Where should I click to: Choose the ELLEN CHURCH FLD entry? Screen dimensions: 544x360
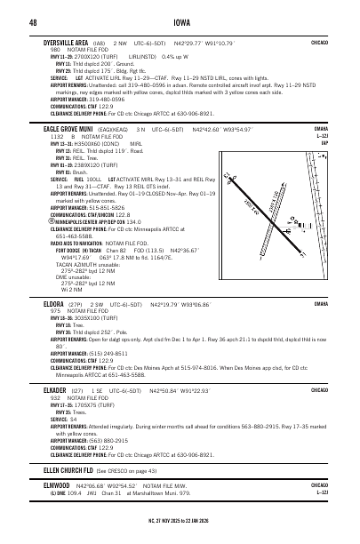[x=68, y=468]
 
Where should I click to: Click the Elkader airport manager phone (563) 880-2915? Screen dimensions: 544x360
[x=108, y=441]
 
